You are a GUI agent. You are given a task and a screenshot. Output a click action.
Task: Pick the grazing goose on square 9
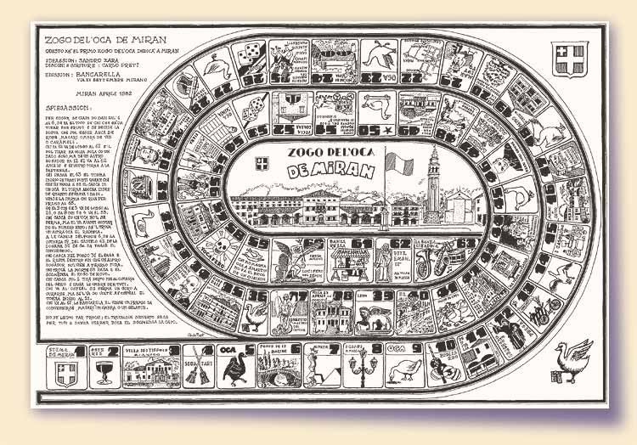[x=405, y=370]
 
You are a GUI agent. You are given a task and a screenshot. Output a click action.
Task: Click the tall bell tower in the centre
[x=435, y=183]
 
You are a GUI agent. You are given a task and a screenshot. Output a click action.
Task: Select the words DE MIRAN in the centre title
[x=322, y=170]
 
